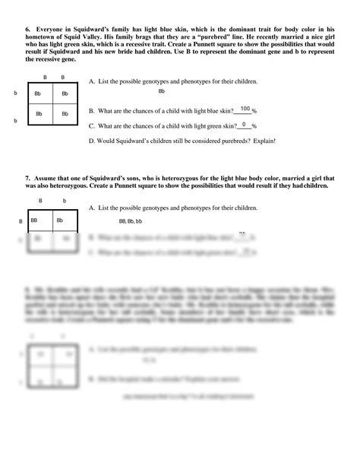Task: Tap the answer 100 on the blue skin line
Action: [245, 109]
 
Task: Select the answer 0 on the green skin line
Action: [245, 125]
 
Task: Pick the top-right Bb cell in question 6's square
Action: [64, 94]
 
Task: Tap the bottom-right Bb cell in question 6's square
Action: [64, 114]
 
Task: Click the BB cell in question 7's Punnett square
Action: [35, 220]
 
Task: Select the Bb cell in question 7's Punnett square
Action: [64, 220]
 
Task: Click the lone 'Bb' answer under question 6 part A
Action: [162, 91]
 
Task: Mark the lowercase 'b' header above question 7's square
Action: [64, 201]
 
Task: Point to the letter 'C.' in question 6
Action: [92, 126]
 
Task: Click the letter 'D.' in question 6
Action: [92, 141]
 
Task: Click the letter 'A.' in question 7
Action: [92, 208]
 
